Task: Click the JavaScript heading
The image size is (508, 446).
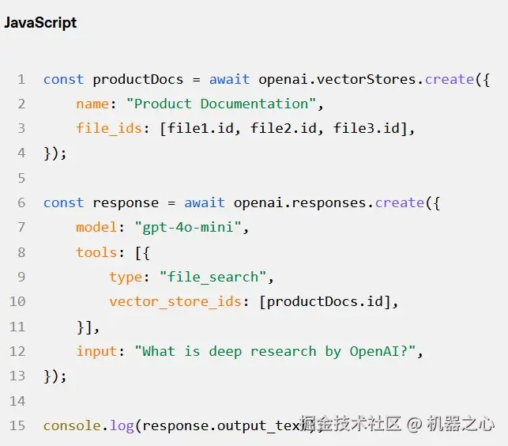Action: point(40,23)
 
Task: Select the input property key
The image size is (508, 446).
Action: point(96,351)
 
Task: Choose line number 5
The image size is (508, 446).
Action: point(21,178)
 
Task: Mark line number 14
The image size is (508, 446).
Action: point(17,401)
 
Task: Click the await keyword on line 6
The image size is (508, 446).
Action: point(205,202)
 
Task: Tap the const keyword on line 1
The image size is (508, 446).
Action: point(63,79)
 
